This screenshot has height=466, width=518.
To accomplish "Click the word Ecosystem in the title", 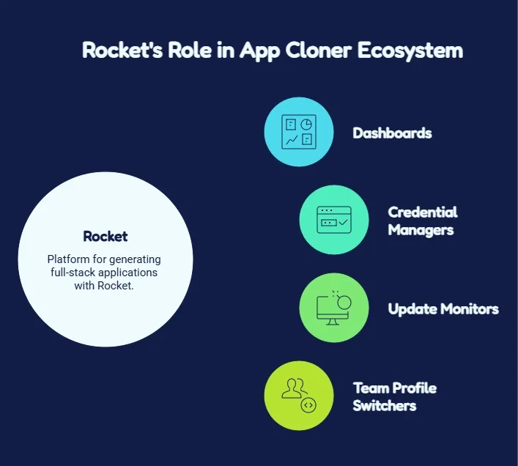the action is [410, 51].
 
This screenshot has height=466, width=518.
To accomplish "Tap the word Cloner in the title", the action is [318, 50].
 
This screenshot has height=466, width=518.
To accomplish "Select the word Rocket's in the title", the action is [122, 50].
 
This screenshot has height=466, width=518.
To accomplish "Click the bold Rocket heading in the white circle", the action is [106, 236].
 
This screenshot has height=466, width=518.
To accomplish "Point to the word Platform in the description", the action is [68, 259].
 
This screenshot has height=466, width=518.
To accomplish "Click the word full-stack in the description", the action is [73, 273].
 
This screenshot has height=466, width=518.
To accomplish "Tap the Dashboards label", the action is [392, 133].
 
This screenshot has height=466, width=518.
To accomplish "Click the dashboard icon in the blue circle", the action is [299, 132].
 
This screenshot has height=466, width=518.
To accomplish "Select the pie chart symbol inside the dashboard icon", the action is [306, 124].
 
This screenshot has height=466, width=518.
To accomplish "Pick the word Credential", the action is [423, 212].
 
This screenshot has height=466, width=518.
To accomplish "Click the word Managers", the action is [421, 230].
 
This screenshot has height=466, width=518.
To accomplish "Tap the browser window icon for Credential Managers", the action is [334, 220].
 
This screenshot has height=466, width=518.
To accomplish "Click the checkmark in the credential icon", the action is [343, 222].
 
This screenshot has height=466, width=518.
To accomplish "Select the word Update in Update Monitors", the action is [412, 309].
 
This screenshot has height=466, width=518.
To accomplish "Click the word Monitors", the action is [470, 309].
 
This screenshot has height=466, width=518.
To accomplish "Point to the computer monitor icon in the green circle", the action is [333, 308].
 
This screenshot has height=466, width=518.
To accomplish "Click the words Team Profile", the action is [395, 388].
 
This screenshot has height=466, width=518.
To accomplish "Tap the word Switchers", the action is [385, 406].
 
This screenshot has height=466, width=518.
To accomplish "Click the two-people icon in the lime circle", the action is [294, 389].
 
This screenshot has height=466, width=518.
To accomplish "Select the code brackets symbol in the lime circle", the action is [308, 405].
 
